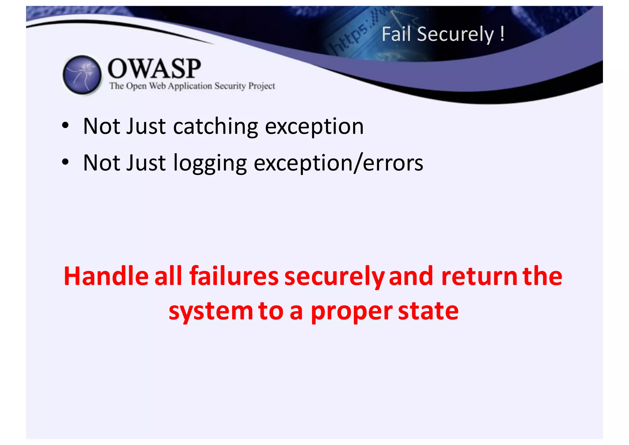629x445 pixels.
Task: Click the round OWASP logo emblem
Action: pos(82,75)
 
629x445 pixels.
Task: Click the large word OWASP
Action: pos(154,68)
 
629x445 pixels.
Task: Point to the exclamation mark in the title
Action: pos(502,34)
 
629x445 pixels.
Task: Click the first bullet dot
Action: pos(65,126)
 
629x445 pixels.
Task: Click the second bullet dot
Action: pos(65,162)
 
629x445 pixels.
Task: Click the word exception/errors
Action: pos(338,163)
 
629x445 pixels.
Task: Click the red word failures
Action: pos(234,276)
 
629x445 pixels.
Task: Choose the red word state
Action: pos(428,311)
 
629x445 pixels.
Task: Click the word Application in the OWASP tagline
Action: pos(190,86)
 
